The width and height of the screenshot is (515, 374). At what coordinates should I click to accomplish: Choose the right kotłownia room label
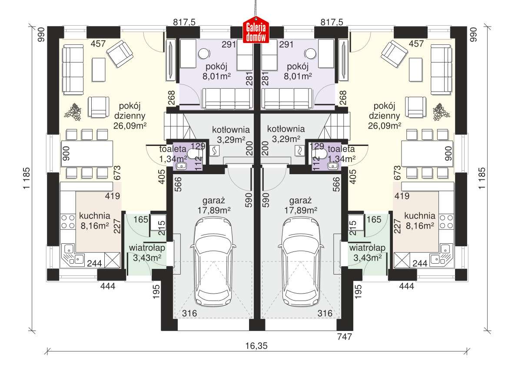pos(286,134)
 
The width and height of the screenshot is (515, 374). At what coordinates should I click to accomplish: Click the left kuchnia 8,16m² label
pos(94,220)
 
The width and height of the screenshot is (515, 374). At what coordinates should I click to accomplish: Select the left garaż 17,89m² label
pos(213,205)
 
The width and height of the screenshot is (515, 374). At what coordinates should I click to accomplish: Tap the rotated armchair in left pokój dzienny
pos(120,54)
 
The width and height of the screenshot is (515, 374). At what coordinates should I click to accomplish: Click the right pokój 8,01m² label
pos(298,72)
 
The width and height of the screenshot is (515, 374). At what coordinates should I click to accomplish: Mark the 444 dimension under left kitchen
pos(107,286)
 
